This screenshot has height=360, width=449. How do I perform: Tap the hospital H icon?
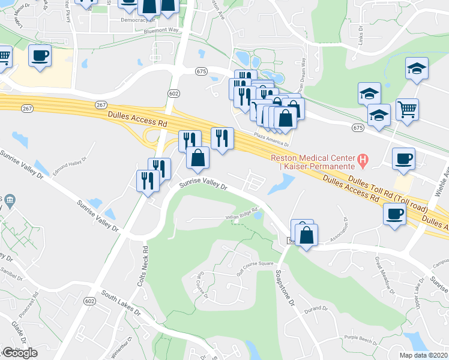[x=363, y=160]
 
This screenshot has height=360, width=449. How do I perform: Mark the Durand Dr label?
[x=315, y=310]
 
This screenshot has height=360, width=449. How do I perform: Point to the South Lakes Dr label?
[x=121, y=304]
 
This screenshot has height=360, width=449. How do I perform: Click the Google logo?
[x=20, y=353]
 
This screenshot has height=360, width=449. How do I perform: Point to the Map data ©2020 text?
[x=423, y=355]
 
